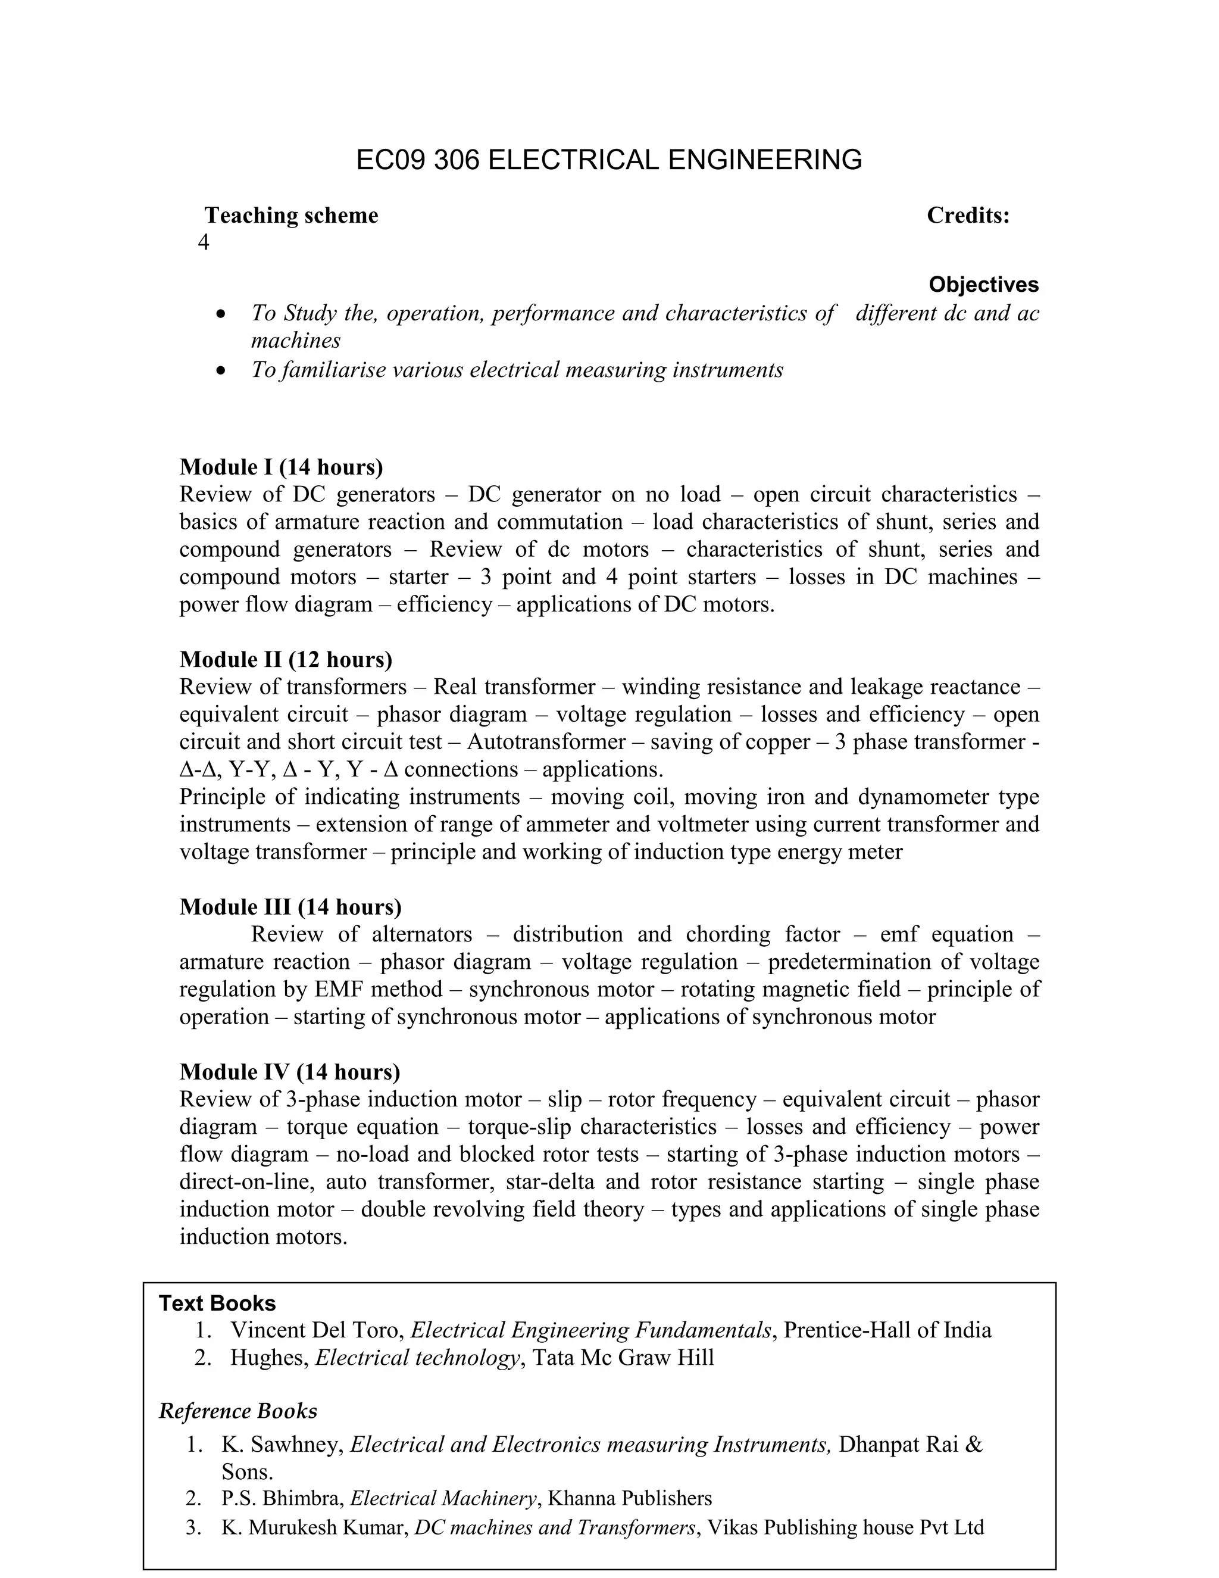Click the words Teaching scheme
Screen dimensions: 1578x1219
tap(291, 216)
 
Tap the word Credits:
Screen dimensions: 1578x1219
tap(968, 216)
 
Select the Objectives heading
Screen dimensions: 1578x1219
tap(983, 285)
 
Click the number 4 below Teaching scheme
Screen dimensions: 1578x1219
tap(204, 243)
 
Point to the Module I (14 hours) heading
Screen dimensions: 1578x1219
tap(282, 467)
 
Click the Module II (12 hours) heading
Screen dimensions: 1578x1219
tap(286, 660)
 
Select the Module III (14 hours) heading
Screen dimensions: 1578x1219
tap(290, 907)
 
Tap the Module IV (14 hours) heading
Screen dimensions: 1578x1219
tap(290, 1071)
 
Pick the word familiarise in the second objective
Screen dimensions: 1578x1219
tap(333, 370)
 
